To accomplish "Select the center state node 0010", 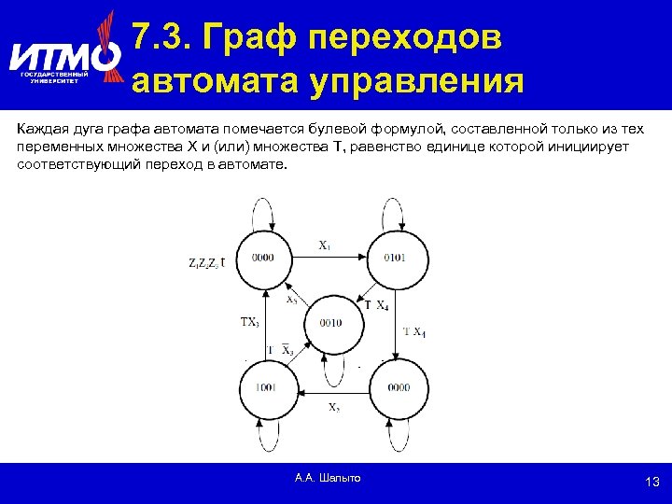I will [x=330, y=323].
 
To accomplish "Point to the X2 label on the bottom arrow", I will [x=333, y=407].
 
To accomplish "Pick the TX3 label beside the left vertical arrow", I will [x=250, y=322].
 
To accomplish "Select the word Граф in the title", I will [x=250, y=37].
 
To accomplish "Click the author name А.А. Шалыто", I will [x=327, y=478].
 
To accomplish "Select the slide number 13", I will [x=652, y=482].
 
